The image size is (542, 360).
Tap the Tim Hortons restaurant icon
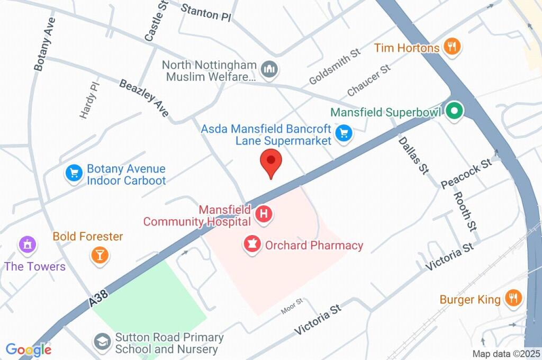451,47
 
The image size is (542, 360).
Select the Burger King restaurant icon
512,298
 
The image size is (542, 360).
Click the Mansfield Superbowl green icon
454,111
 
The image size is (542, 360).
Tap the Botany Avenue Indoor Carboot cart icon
73,173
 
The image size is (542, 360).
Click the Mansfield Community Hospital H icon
264,214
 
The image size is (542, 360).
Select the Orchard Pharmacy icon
252,244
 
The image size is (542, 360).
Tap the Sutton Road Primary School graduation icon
101,341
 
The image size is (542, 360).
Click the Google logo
29,349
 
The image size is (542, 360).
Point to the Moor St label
292,306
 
